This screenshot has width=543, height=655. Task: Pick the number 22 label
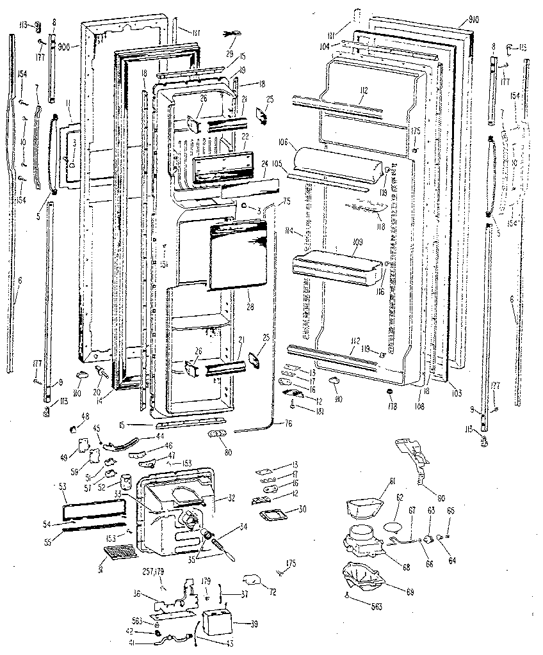245,138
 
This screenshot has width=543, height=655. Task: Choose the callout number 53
62,487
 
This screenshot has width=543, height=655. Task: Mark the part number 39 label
238,624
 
